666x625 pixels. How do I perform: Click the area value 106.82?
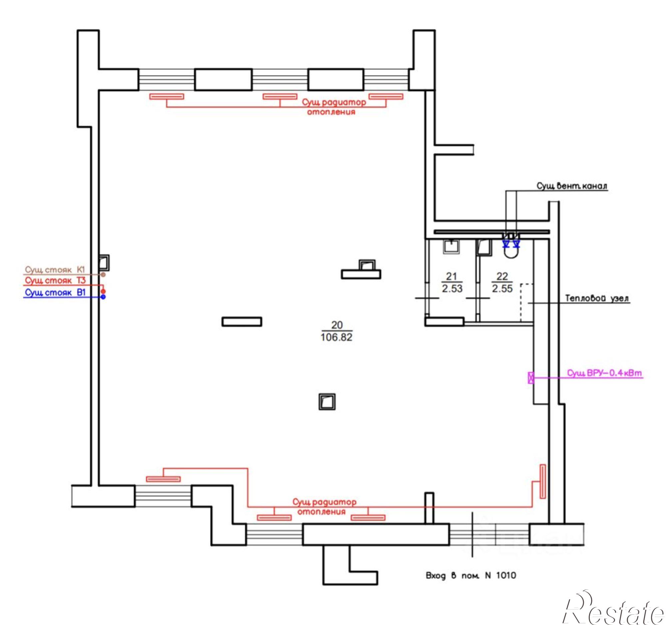point(336,337)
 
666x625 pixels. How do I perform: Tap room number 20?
point(337,325)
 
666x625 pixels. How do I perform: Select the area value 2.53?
point(452,289)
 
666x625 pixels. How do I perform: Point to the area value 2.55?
point(502,289)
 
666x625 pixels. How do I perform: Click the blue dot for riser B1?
point(103,297)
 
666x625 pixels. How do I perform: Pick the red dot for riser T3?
point(103,291)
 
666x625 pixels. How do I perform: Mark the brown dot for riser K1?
point(103,275)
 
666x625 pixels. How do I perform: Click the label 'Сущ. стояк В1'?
point(55,293)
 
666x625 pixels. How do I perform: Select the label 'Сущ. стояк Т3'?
point(55,281)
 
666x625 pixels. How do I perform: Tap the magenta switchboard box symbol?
point(531,378)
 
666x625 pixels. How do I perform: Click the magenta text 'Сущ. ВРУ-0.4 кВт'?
point(604,373)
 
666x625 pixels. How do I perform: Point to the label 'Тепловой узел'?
point(597,298)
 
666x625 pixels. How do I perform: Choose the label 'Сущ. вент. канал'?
point(572,186)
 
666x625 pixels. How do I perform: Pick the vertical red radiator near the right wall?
point(543,481)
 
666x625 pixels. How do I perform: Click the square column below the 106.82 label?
point(327,401)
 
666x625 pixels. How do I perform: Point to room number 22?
point(502,276)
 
